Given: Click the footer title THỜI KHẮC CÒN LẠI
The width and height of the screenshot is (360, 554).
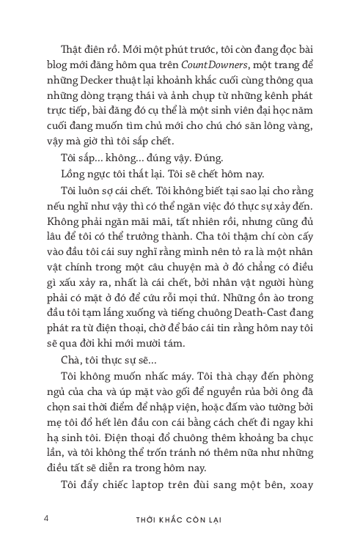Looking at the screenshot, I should click(x=180, y=521).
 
